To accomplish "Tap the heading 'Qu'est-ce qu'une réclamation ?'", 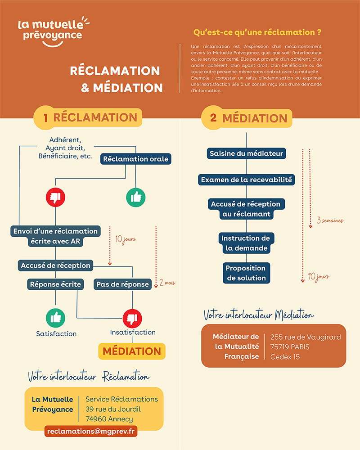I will [257, 32].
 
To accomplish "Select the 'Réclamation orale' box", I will [135, 159].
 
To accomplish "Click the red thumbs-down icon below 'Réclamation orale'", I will [55, 197].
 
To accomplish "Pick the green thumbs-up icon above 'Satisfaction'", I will [55, 318].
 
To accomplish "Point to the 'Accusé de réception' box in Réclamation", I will [55, 265].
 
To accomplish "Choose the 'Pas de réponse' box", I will [122, 284].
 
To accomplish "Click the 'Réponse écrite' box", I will [55, 284].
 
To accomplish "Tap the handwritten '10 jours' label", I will [125, 239].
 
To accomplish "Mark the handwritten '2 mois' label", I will [167, 283].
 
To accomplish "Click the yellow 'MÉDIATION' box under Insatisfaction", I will [132, 351].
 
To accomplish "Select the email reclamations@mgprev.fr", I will [90, 431].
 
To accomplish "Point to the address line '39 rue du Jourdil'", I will [113, 409].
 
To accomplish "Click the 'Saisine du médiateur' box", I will [246, 153].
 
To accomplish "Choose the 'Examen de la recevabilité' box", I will [246, 180].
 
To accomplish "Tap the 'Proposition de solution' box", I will [246, 273].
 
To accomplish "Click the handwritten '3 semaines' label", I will [330, 220].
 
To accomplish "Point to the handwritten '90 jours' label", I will [319, 277].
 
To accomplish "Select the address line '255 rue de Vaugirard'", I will [306, 337].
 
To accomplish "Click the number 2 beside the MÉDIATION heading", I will [213, 118].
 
